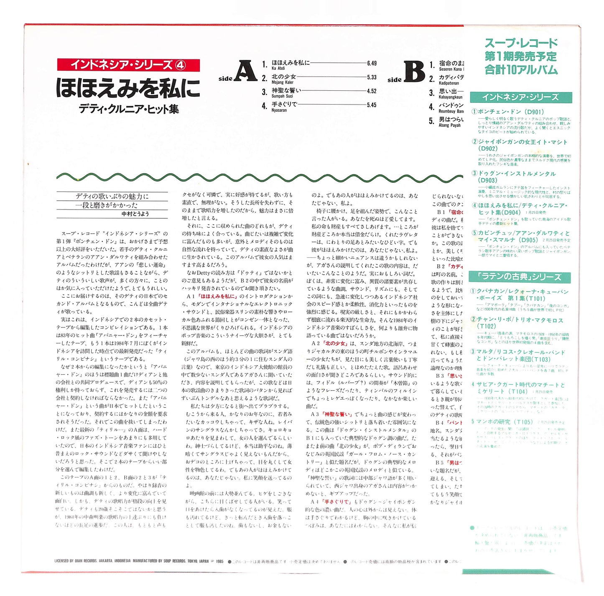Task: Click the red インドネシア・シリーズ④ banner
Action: tap(128, 65)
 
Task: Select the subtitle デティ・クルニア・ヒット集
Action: tap(129, 109)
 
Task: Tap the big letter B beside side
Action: tap(415, 72)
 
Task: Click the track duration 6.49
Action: tap(372, 63)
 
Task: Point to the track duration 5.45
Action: tap(372, 105)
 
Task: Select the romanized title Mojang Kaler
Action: tap(283, 82)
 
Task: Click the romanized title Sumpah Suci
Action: tap(283, 96)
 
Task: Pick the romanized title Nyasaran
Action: tap(279, 110)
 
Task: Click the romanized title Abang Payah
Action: tap(450, 125)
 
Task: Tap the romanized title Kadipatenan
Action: tap(449, 83)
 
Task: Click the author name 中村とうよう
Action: tap(135, 214)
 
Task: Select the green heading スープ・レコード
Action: tap(521, 43)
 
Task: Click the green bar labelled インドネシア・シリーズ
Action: tap(520, 97)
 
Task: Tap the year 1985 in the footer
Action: tap(220, 561)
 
